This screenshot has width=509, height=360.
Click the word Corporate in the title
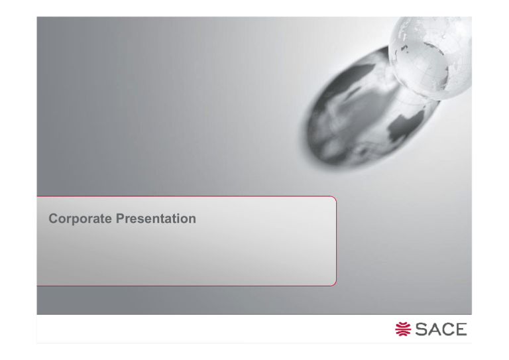[80, 219]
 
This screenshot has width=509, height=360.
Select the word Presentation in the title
[156, 219]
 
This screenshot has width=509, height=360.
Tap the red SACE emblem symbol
[403, 329]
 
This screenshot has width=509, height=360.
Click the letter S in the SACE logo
[422, 329]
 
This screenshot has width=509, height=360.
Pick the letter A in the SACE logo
[435, 329]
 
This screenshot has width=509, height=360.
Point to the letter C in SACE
[448, 329]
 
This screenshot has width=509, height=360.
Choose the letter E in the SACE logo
[461, 329]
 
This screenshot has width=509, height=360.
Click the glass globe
[430, 58]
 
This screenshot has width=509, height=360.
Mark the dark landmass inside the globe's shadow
[406, 125]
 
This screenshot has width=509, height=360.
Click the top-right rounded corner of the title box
[334, 199]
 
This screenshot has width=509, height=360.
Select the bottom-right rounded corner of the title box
[334, 283]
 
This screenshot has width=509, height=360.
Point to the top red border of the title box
[185, 196]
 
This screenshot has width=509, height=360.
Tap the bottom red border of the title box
[185, 286]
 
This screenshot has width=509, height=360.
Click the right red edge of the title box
[336, 241]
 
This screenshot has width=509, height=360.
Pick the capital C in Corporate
[54, 219]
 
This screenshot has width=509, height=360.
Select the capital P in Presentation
[121, 219]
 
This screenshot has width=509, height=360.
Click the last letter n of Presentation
[192, 220]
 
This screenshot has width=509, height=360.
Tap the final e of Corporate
[108, 220]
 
